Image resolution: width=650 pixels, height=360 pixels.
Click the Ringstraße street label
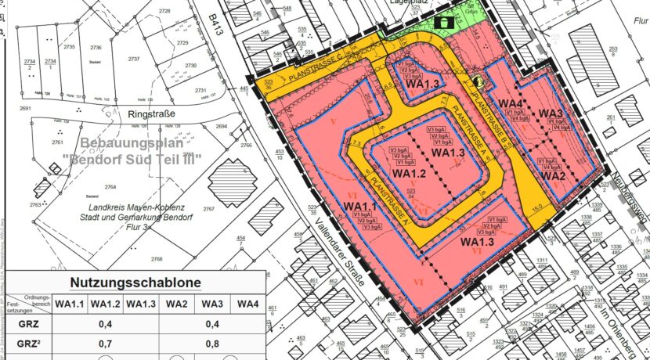[150, 113]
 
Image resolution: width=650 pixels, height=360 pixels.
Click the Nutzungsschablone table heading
[135, 283]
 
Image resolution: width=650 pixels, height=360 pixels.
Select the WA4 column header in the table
[247, 304]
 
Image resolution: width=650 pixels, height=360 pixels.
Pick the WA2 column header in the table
[176, 304]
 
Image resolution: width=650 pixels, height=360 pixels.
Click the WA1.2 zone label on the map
[409, 174]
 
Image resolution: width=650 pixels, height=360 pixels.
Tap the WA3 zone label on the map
[551, 113]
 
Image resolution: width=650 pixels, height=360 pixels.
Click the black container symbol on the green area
[446, 23]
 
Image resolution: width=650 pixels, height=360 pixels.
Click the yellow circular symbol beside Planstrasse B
[478, 81]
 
